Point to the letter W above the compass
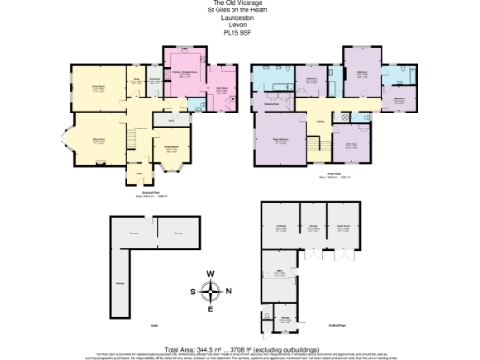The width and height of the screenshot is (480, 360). point(210,273)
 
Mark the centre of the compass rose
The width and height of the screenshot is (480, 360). point(210,291)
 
